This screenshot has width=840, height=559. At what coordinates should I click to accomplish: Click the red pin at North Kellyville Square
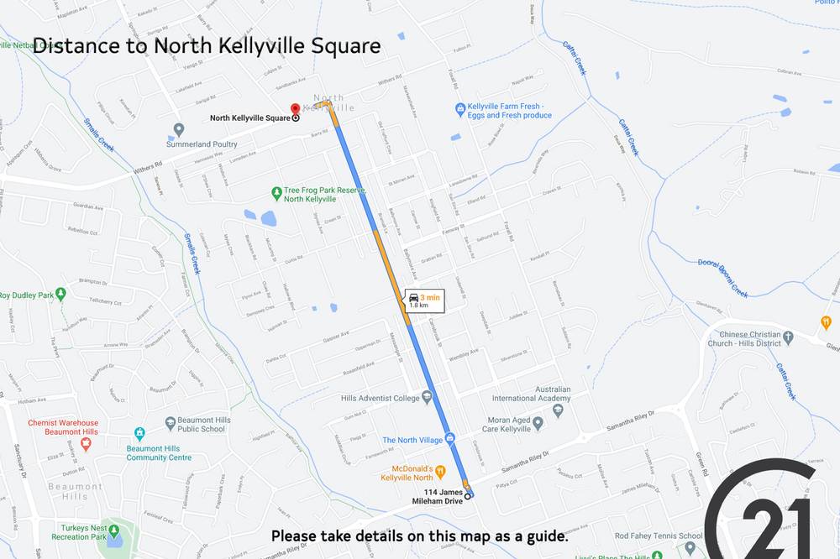[295, 109]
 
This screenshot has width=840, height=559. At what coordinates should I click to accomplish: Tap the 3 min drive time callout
[423, 300]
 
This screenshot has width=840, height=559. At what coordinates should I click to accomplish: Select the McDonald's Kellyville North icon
[438, 471]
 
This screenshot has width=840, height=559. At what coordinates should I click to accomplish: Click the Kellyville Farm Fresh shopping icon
[460, 109]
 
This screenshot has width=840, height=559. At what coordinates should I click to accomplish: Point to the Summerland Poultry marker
[178, 129]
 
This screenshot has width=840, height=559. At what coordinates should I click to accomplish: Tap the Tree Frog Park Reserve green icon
[277, 192]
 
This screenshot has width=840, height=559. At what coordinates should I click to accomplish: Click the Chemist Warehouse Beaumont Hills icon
[85, 441]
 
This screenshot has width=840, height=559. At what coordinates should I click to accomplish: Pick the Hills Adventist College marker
[428, 396]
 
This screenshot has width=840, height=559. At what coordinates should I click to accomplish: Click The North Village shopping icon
[450, 439]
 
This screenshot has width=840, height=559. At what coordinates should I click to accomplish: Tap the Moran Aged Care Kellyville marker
[538, 421]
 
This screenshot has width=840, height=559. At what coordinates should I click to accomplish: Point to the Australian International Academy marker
[568, 396]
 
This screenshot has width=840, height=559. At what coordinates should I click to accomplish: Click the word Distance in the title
[75, 45]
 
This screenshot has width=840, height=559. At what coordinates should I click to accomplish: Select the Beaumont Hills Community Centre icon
[139, 434]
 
